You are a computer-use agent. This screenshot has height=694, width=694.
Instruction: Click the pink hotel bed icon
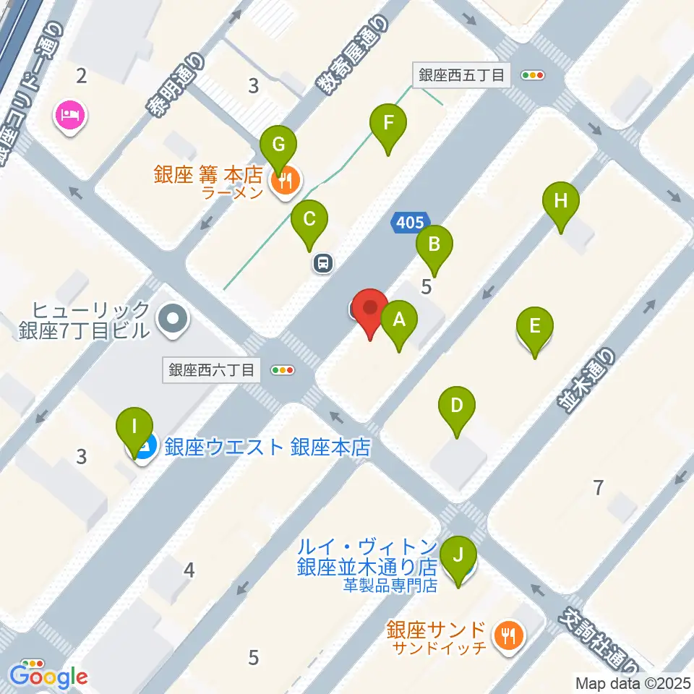[70, 114]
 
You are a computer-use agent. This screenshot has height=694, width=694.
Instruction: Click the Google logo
[48, 677]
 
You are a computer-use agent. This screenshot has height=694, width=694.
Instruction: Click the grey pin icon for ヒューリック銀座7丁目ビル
[173, 319]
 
